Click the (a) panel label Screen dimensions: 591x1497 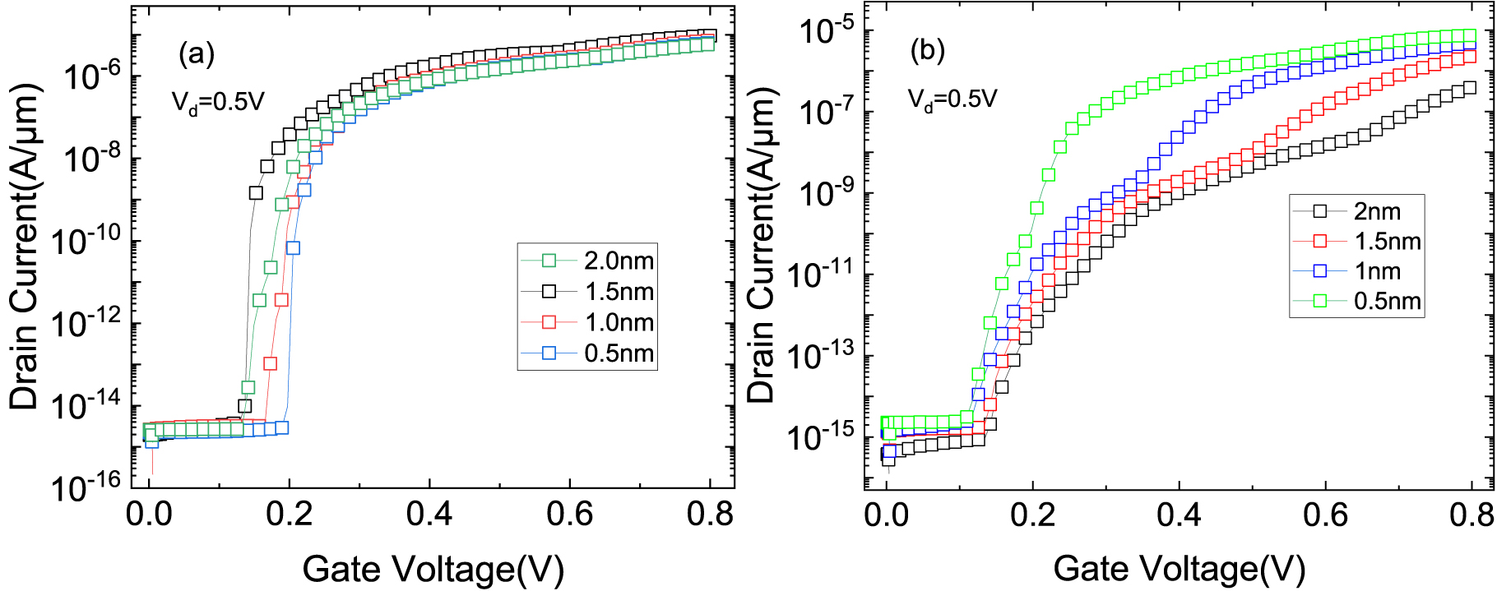coord(197,54)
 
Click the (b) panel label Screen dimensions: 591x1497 coord(928,51)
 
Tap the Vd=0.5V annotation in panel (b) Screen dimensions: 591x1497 coord(952,99)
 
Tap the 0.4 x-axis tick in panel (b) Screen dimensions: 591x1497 coord(1180,515)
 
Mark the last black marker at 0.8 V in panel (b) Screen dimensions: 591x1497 coord(1470,87)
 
